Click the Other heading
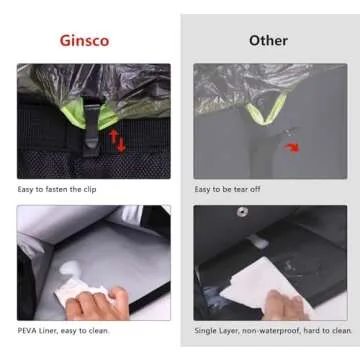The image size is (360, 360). point(268,41)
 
